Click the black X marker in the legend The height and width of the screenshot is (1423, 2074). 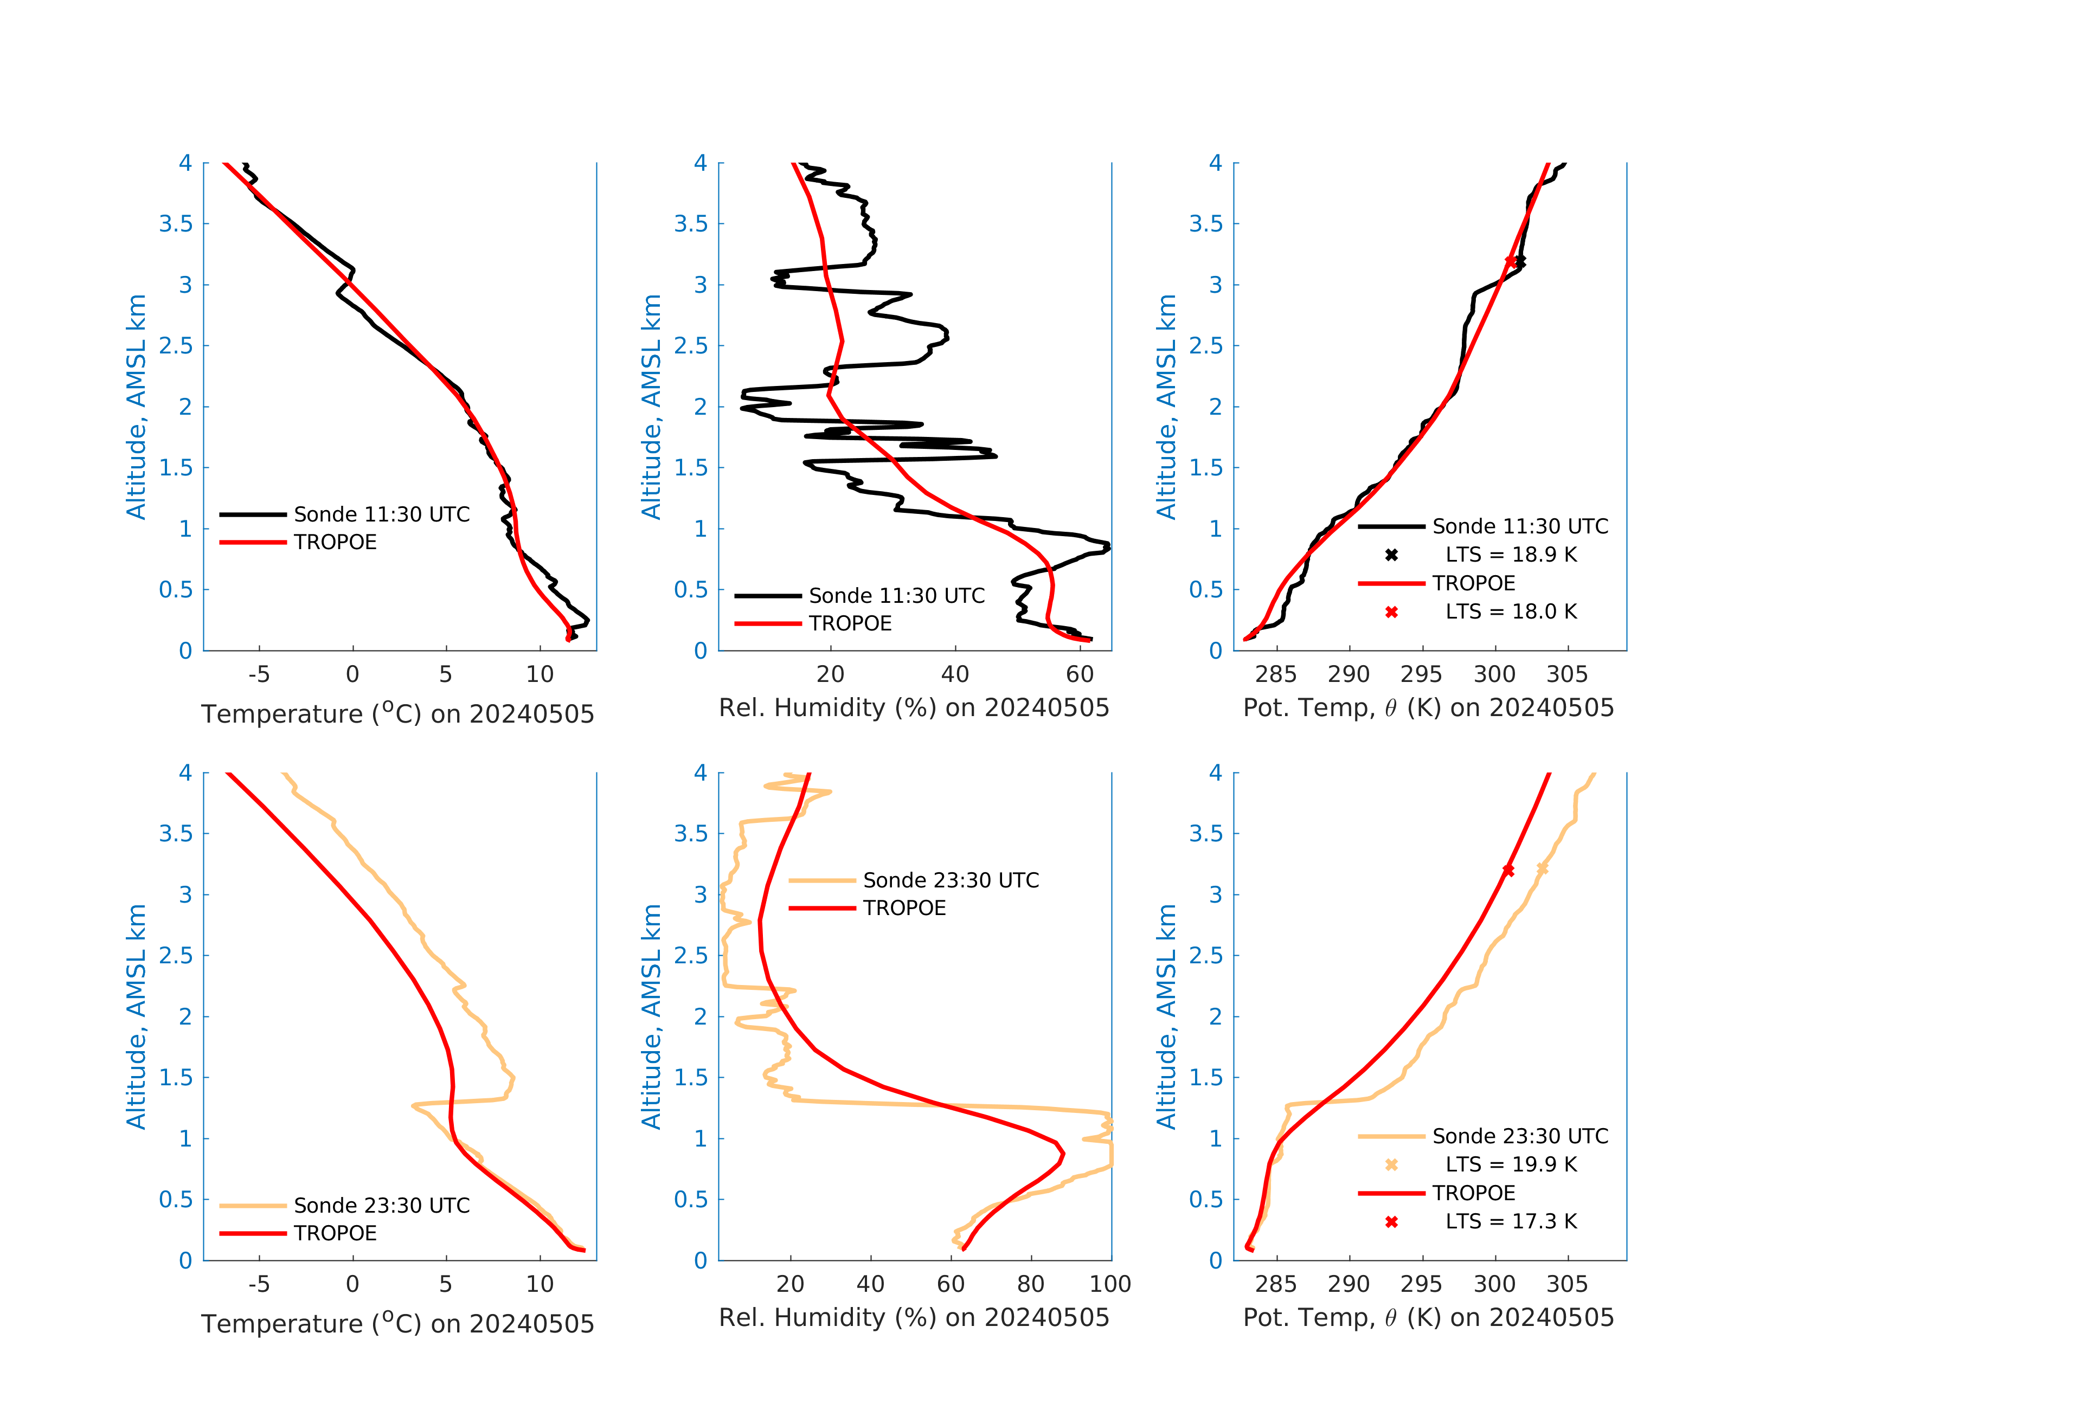pyautogui.click(x=1391, y=555)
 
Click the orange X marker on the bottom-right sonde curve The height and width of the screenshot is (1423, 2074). pyautogui.click(x=1542, y=868)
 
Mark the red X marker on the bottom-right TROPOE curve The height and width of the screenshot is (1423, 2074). pyautogui.click(x=1508, y=870)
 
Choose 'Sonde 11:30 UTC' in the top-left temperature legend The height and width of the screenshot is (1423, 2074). pyautogui.click(x=381, y=515)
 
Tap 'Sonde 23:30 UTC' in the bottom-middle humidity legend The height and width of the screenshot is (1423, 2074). pyautogui.click(x=951, y=880)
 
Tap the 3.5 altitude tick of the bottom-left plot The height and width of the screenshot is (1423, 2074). pyautogui.click(x=176, y=833)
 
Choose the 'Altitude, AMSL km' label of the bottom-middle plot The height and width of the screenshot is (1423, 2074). pyautogui.click(x=651, y=1016)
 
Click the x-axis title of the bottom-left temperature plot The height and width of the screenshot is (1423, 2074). pyautogui.click(x=397, y=1323)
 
